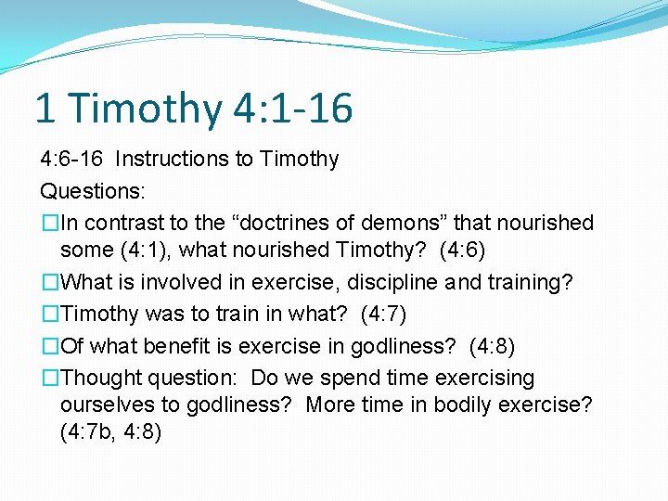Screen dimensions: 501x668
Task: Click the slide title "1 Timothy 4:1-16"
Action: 193,109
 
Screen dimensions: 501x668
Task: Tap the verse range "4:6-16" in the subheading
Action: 73,159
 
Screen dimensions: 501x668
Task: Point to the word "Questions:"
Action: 92,190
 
